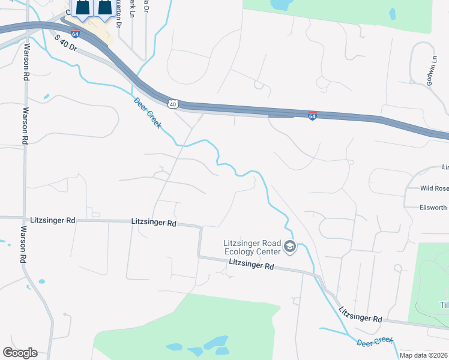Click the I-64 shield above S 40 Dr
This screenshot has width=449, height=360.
[x=76, y=34]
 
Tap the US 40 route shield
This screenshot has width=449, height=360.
[x=173, y=104]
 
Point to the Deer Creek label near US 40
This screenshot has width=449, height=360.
[x=148, y=112]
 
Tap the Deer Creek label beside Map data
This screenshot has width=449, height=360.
[x=375, y=341]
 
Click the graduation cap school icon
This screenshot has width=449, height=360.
[x=290, y=247]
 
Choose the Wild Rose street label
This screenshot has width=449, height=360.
[x=434, y=188]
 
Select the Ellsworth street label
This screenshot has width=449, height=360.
[x=433, y=208]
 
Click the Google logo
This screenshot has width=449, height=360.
[x=20, y=353]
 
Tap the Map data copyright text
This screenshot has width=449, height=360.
[x=424, y=355]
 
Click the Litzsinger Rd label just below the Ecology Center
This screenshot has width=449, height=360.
[x=252, y=265]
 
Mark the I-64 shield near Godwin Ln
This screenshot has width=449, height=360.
[x=312, y=115]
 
